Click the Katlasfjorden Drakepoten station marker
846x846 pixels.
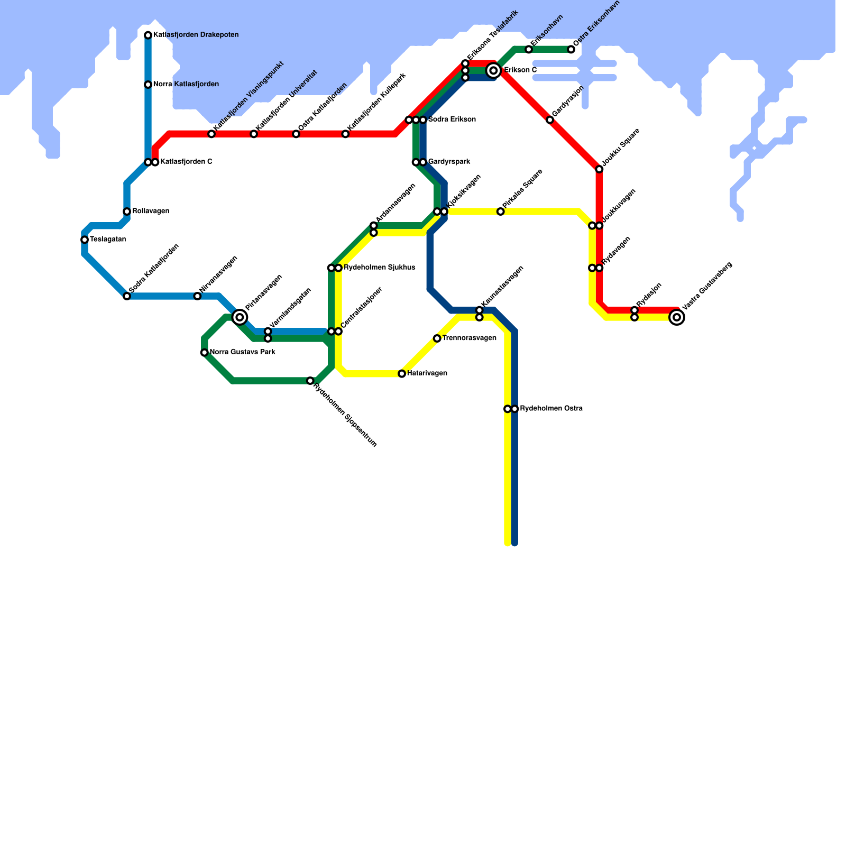(148, 35)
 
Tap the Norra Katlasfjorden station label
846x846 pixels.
(186, 85)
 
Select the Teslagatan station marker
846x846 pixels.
(85, 240)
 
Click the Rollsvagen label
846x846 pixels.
(151, 212)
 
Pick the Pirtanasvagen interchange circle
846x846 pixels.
(240, 317)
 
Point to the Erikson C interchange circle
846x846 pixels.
(494, 70)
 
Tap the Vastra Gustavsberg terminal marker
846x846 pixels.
(677, 317)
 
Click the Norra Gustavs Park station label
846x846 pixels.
(242, 352)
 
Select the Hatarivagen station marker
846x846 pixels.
(402, 374)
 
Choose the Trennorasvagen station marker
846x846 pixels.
(437, 338)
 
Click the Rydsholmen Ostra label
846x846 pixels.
(551, 409)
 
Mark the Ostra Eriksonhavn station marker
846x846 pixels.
(571, 50)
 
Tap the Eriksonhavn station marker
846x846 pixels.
(529, 50)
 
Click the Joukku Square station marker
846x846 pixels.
(599, 169)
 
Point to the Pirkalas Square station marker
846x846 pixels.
(500, 212)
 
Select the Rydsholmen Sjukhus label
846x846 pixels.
(379, 268)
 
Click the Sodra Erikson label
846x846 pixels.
(452, 119)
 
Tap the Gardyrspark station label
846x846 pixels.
(449, 162)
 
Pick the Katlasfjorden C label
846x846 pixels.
(186, 162)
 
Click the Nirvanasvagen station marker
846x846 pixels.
(197, 296)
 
